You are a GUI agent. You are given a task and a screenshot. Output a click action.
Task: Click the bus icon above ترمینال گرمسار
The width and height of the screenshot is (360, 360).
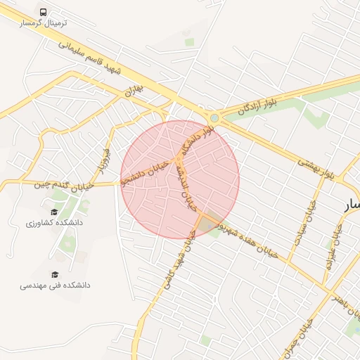click(x=44, y=13)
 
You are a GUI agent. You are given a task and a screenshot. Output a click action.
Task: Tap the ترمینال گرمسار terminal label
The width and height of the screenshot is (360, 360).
click(x=44, y=23)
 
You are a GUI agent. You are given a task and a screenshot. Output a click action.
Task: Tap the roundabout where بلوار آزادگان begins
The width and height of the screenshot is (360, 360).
click(x=213, y=117)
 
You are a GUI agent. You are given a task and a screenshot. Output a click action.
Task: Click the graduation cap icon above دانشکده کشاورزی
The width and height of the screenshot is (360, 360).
click(x=54, y=212)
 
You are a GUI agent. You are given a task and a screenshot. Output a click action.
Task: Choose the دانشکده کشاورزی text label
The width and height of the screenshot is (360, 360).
click(x=54, y=223)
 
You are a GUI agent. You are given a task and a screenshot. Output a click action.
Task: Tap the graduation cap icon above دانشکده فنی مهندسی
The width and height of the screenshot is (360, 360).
click(x=55, y=274)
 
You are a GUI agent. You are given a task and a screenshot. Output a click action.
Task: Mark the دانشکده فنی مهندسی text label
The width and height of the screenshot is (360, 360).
click(x=55, y=285)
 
